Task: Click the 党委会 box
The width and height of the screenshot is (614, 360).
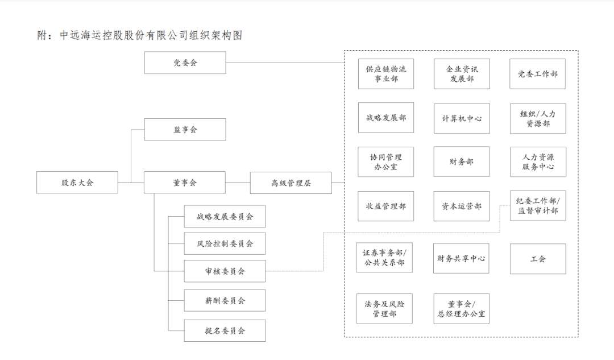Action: point(185,63)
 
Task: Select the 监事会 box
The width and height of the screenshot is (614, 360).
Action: point(185,129)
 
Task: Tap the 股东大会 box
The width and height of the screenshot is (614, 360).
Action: point(77,182)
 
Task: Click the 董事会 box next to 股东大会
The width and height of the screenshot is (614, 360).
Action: point(184,182)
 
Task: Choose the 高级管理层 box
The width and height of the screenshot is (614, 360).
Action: point(291,183)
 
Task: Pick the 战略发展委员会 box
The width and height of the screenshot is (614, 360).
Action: point(225,216)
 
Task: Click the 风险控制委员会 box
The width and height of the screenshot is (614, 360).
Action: point(225,243)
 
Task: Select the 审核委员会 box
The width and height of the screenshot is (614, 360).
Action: point(225,271)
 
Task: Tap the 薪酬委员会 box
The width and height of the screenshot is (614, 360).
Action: point(225,300)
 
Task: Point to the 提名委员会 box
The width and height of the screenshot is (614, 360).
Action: point(225,330)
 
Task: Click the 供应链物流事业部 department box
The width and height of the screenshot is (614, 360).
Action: point(385,73)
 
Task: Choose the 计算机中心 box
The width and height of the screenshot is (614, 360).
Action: point(462,118)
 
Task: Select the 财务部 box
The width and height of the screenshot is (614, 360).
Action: point(461,162)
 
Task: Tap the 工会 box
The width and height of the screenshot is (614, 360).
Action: point(538,259)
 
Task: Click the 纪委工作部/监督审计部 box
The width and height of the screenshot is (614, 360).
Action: point(538,206)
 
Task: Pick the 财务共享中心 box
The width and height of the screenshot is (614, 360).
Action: point(461,258)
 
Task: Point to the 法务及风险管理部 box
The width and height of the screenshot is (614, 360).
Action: point(384,309)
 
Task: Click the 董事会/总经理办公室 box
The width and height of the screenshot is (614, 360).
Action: point(461,309)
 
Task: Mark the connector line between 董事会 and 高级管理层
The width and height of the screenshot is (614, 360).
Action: point(238,183)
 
